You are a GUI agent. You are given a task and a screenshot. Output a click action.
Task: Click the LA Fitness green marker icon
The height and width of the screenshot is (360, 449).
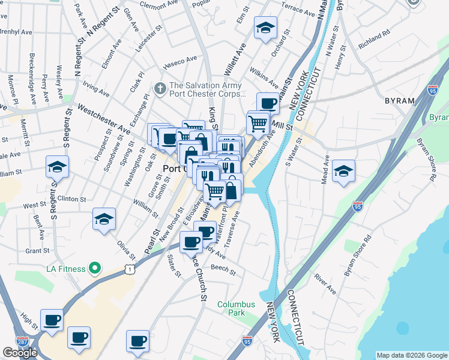(94, 268)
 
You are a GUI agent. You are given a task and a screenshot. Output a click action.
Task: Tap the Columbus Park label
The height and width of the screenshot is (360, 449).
(236, 308)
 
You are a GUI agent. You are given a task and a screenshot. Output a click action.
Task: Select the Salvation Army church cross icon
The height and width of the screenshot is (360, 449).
(160, 89)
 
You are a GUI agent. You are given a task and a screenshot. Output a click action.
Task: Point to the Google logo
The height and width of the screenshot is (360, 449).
(20, 353)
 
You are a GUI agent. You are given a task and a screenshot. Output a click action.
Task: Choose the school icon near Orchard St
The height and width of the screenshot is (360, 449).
(264, 27)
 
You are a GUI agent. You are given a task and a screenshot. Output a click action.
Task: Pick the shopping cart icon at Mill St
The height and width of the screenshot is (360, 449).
(258, 123)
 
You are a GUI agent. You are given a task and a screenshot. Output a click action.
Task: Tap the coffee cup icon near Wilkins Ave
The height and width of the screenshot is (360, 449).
(268, 103)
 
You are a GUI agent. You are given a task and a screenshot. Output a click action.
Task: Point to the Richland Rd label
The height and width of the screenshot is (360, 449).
(374, 38)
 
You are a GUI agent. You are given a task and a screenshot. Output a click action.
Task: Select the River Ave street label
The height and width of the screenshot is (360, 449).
(325, 286)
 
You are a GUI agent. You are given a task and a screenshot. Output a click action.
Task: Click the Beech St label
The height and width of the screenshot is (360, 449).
(223, 269)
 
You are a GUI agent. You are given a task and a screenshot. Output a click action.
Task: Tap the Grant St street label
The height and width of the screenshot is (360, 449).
(37, 251)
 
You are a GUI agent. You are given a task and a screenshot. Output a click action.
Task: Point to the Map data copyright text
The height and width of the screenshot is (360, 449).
(412, 355)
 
